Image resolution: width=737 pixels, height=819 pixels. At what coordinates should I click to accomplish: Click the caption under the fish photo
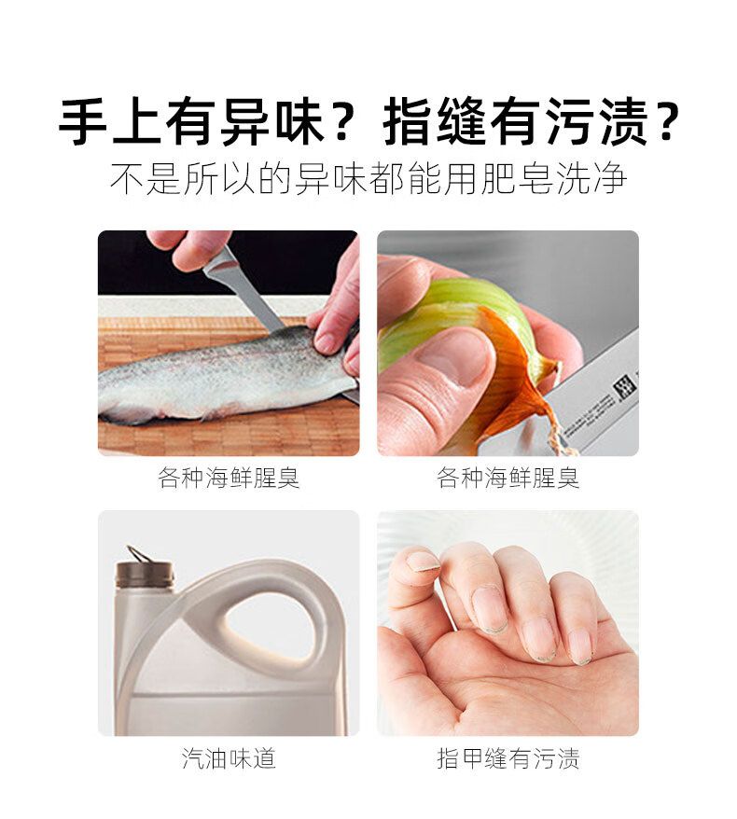click(229, 478)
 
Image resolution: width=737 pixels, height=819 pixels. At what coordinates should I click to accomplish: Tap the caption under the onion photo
click(508, 478)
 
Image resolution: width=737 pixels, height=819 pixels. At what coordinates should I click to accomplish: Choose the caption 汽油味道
click(229, 757)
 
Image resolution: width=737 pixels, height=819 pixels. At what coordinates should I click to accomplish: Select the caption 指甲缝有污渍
click(508, 757)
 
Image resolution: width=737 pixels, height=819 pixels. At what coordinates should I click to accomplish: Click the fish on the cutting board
click(225, 376)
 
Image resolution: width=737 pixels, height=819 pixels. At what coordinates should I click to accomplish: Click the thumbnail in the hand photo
click(423, 561)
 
